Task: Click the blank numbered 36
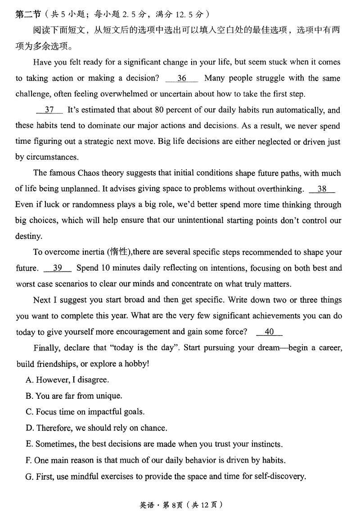(x=181, y=78)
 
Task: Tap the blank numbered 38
(x=322, y=189)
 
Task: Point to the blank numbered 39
(x=58, y=268)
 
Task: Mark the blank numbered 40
(x=269, y=332)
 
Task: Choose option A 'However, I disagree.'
(x=67, y=380)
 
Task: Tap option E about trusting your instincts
(x=154, y=444)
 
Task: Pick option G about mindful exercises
(x=166, y=476)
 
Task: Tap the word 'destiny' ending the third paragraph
(x=29, y=236)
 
